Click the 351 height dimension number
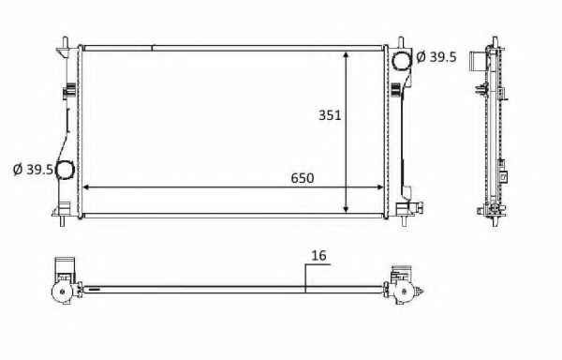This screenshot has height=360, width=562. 330,115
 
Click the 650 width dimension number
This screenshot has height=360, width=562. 303,178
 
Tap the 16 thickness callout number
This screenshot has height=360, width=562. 318,256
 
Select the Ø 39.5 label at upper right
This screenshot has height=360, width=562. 436,56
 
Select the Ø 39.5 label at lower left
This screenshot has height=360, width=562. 33,170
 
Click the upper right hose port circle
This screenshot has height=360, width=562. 403,61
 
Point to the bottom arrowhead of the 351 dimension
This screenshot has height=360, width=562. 346,209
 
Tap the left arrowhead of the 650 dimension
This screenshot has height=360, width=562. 86,187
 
